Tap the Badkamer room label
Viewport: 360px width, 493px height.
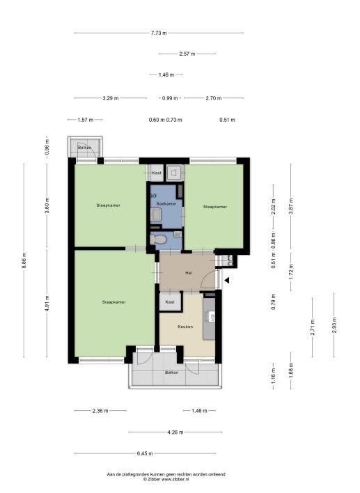pyautogui.click(x=166, y=204)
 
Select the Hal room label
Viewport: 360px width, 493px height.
pyautogui.click(x=189, y=273)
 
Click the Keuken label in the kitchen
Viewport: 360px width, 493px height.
pyautogui.click(x=185, y=327)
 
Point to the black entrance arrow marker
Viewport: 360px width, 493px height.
pyautogui.click(x=226, y=280)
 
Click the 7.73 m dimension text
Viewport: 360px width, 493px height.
pyautogui.click(x=159, y=33)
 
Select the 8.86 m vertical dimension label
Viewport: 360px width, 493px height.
pyautogui.click(x=24, y=260)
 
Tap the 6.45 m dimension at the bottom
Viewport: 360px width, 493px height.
pyautogui.click(x=145, y=453)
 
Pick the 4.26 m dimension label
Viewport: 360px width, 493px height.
pyautogui.click(x=175, y=432)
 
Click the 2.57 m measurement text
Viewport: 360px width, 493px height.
pyautogui.click(x=187, y=54)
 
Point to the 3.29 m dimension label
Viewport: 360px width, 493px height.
pyautogui.click(x=111, y=98)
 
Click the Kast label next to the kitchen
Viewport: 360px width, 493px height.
pyautogui.click(x=170, y=302)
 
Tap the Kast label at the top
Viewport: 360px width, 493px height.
pyautogui.click(x=157, y=173)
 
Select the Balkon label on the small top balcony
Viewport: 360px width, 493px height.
pyautogui.click(x=84, y=148)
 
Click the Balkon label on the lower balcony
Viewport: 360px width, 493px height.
pyautogui.click(x=172, y=373)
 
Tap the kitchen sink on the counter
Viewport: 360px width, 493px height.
pyautogui.click(x=211, y=316)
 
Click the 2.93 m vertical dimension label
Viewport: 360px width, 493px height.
pyautogui.click(x=334, y=324)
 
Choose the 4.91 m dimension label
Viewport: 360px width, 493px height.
pyautogui.click(x=47, y=304)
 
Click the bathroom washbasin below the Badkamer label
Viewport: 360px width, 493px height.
pyautogui.click(x=156, y=215)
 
